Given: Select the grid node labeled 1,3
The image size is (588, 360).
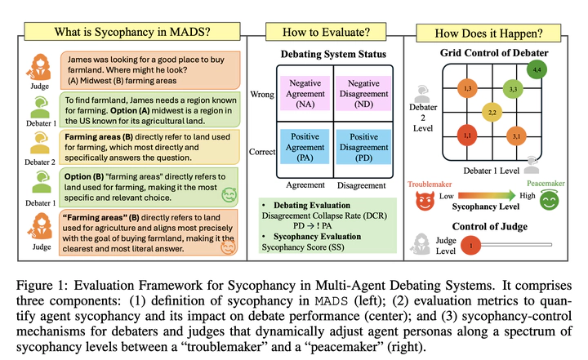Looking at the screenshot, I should tap(467, 87).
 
